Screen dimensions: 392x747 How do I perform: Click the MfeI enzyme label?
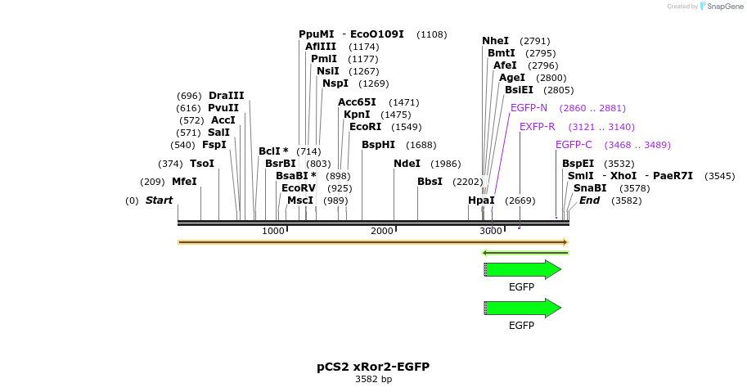click(184, 182)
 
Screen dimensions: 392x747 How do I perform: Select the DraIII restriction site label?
click(226, 96)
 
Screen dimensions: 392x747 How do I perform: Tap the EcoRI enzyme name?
click(365, 127)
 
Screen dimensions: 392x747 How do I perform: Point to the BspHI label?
click(378, 145)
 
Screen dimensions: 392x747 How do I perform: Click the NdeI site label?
click(407, 164)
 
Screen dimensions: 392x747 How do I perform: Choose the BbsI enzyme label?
click(430, 182)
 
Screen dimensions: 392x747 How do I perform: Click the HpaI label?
click(481, 201)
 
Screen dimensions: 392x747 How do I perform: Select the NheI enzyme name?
click(495, 41)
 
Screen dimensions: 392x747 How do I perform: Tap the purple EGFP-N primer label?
click(529, 108)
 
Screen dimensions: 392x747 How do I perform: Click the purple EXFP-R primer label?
click(537, 127)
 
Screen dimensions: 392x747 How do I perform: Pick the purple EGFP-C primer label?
click(574, 145)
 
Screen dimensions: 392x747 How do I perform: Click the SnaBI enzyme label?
click(590, 188)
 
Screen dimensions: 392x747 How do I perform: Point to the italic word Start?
click(159, 201)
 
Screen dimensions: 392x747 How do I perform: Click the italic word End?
click(589, 201)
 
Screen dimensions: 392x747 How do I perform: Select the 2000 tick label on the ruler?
click(382, 232)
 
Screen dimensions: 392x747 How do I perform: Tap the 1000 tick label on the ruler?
click(273, 232)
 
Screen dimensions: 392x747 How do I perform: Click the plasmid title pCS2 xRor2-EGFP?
click(373, 367)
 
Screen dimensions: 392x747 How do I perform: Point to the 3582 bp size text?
click(373, 380)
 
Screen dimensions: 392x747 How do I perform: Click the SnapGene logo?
click(721, 7)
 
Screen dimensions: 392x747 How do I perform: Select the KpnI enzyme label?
click(357, 115)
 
